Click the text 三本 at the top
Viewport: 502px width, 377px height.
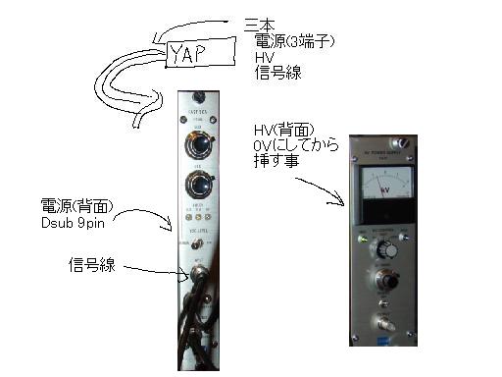[x=259, y=23]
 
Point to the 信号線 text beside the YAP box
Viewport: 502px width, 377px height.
[x=275, y=74]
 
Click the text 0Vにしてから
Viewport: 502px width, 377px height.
[x=295, y=146]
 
